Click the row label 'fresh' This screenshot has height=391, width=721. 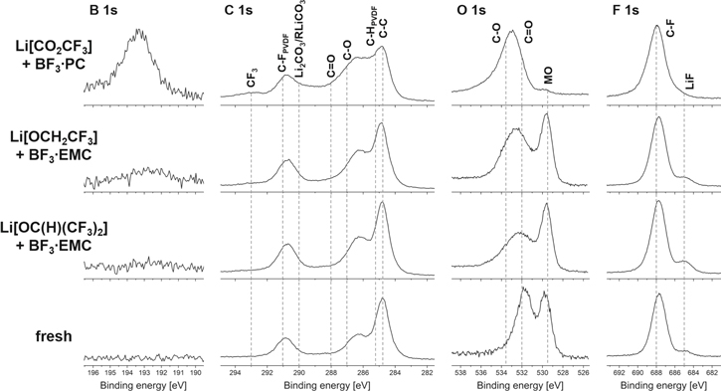pos(38,336)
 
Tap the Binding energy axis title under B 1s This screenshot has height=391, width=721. pos(141,384)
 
